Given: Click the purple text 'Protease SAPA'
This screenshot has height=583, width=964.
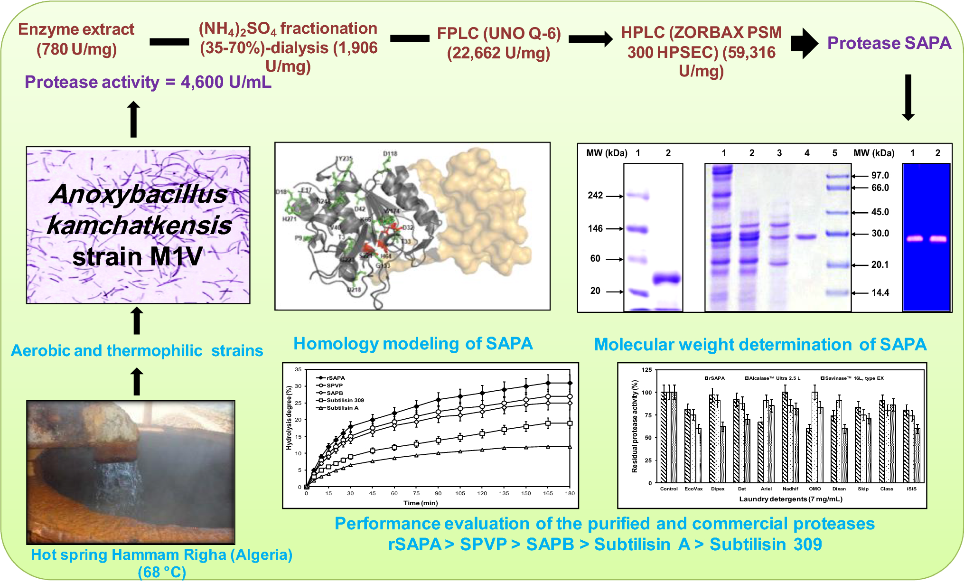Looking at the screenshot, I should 889,43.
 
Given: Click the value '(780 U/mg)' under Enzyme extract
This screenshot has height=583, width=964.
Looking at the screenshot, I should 76,49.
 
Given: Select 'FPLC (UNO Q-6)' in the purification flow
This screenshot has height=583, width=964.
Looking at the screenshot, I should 498,33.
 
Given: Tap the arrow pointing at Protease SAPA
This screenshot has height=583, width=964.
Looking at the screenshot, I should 804,43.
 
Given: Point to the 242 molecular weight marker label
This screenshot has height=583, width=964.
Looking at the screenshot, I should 595,196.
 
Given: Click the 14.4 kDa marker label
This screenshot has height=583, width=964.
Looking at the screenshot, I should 880,293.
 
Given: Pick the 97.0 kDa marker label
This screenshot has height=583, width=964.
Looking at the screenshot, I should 880,176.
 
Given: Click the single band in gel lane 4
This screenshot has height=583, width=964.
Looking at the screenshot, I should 806,236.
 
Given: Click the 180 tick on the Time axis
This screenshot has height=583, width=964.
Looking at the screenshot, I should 570,493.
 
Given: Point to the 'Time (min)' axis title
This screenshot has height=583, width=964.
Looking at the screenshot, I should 421,503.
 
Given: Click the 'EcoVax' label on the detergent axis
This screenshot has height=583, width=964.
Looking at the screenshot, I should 693,489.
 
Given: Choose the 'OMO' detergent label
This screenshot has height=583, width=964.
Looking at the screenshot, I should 814,489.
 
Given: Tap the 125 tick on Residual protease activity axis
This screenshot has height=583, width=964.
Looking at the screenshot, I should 646,370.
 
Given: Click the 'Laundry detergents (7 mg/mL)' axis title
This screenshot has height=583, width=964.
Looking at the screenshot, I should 790,499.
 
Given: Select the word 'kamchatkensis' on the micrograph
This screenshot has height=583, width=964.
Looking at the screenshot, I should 139,226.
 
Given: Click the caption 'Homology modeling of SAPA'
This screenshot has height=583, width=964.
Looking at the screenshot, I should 413,344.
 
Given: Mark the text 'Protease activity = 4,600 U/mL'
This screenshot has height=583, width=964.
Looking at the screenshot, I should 148,82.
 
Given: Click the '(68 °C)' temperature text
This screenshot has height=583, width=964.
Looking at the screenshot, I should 161,572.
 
